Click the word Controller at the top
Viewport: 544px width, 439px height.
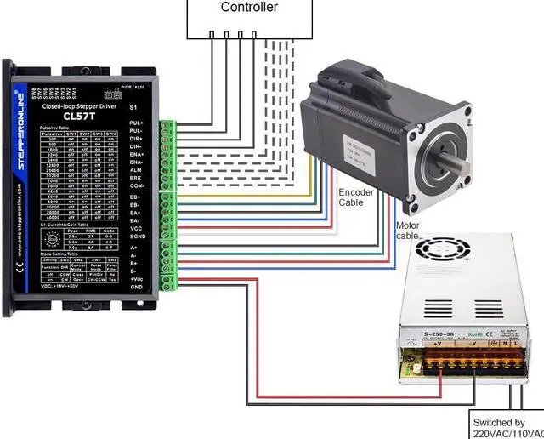click(249, 8)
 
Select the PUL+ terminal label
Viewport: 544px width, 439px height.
click(136, 124)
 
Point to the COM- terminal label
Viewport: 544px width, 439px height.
click(137, 185)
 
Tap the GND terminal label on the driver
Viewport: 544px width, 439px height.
click(135, 288)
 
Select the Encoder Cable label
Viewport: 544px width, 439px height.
click(356, 197)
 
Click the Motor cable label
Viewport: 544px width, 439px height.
click(408, 230)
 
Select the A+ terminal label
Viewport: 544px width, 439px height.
click(134, 248)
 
